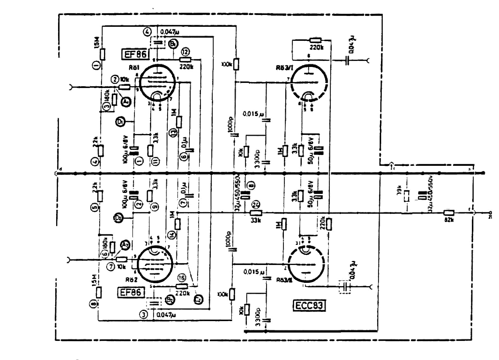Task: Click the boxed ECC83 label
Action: pos(309,306)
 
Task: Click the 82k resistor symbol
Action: pos(449,213)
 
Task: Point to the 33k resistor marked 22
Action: pos(256,213)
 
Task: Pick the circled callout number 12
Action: pos(185,52)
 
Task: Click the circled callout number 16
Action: pos(182,278)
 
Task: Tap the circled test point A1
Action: pos(126,101)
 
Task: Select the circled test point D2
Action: pos(118,218)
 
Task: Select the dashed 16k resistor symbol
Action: pos(406,195)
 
